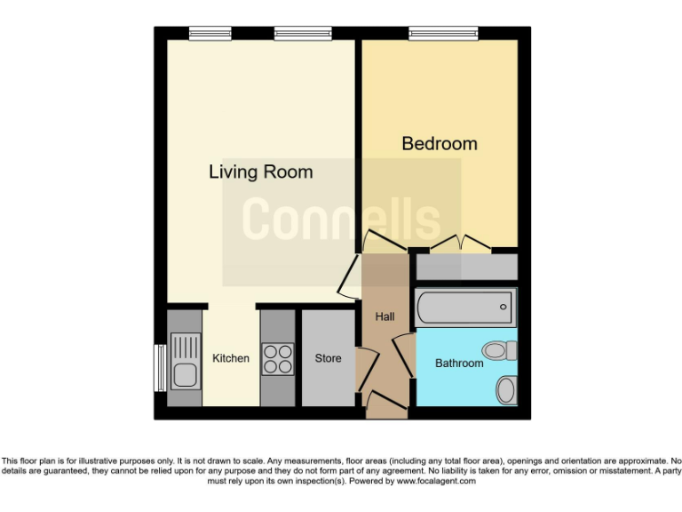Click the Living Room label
point(260,172)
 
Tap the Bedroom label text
point(439,143)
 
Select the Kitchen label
point(230,358)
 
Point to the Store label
point(328,358)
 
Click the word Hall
point(385,316)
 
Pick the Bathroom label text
point(459,363)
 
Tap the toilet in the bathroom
point(499,350)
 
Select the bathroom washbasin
point(506,388)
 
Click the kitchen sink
point(186,361)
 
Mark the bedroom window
point(443,33)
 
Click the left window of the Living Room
point(211,33)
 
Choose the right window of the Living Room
point(297,33)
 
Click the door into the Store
point(364,368)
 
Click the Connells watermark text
point(341,219)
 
